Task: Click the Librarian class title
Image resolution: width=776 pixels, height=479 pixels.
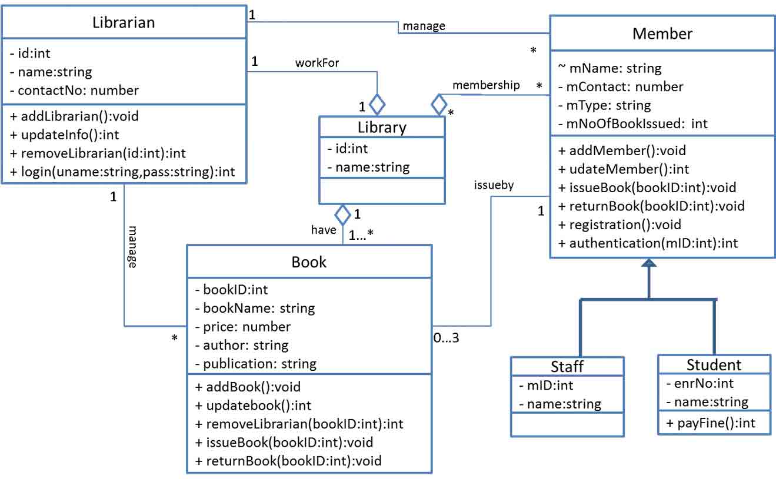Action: tap(124, 22)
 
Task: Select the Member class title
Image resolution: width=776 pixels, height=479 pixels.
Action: tap(662, 34)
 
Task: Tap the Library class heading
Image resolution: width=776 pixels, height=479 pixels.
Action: tap(382, 128)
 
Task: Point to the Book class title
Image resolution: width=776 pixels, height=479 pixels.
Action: tap(309, 262)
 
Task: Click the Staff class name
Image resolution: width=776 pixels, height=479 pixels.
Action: tap(567, 367)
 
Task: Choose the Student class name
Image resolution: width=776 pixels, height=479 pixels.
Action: tap(714, 365)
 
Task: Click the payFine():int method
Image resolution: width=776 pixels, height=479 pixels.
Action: tap(711, 422)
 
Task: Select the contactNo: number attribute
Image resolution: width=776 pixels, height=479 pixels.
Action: tap(74, 91)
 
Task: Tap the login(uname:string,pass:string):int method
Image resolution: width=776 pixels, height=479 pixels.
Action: tap(122, 172)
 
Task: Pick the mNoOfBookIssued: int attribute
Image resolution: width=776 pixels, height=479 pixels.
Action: tap(632, 123)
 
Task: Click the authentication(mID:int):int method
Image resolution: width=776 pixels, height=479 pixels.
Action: tap(647, 243)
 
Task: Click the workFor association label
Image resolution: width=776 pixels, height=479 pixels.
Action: tap(317, 63)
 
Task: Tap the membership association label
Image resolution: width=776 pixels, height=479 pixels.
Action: tap(486, 85)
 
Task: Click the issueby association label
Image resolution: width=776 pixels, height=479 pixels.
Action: tap(494, 185)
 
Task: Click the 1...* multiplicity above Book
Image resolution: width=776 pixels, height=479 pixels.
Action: tap(361, 236)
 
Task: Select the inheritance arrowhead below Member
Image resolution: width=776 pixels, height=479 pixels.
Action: tap(648, 265)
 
